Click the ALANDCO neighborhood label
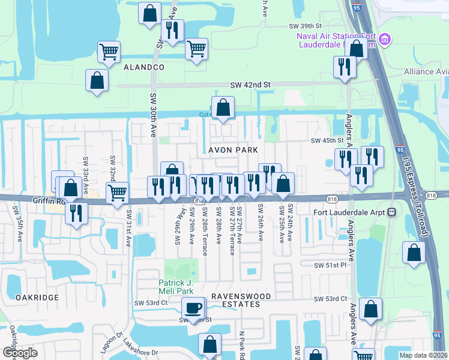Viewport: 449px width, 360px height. coord(143,68)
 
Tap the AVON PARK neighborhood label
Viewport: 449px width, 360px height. coord(233,149)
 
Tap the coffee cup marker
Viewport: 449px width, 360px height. coord(193,308)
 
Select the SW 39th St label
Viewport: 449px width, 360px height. coord(306,26)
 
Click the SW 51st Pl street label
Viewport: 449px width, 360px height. coord(331,265)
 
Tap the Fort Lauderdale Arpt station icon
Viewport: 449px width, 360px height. coord(391,212)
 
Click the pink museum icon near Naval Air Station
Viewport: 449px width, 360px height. coord(385,40)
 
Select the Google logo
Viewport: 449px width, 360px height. coord(20,353)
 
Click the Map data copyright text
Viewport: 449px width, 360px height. coord(423,355)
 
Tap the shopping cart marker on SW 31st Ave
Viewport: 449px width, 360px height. coord(117,193)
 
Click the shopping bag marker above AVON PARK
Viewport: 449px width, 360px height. coord(223,108)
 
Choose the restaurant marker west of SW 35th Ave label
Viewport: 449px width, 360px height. coord(76,213)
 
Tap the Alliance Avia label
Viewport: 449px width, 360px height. coord(426,71)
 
